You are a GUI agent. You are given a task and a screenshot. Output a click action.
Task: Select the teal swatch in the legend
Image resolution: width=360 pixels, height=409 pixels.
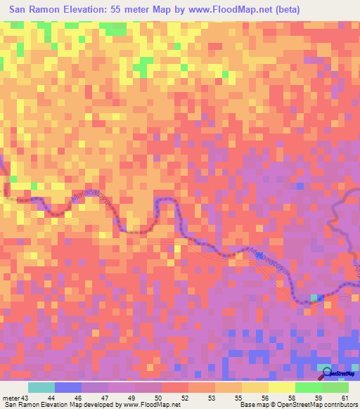point(41,387)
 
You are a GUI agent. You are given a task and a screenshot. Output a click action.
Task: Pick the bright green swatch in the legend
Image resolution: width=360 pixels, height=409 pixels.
point(308,387)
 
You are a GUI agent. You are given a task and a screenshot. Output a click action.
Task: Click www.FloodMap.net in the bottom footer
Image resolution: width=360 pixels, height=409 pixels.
point(150,405)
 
